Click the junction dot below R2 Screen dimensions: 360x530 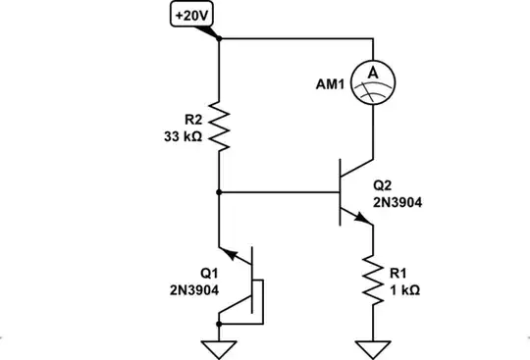click(218, 192)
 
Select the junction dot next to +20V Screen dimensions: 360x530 click(218, 39)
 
